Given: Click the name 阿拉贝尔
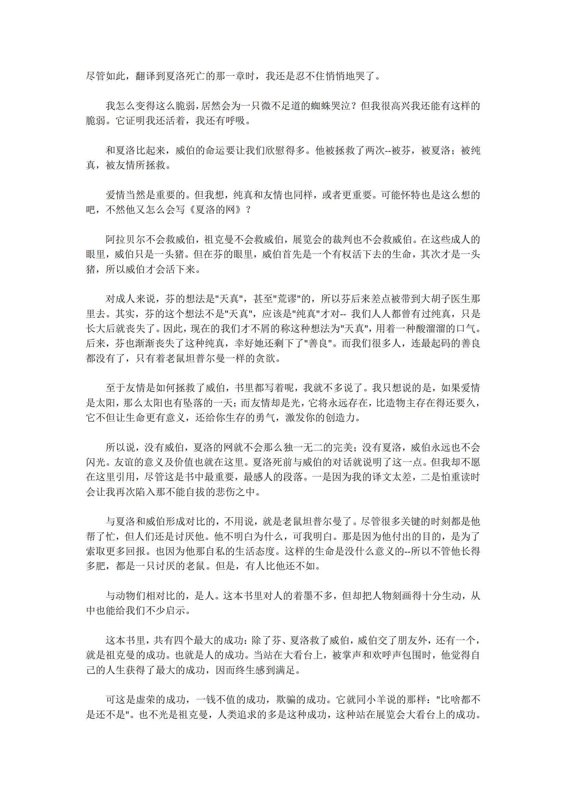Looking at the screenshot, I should point(125,239).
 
